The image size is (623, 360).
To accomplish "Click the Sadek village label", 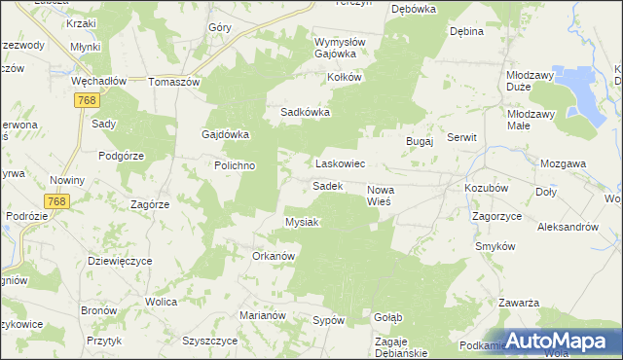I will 327,185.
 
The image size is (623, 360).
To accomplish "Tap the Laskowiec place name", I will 339,164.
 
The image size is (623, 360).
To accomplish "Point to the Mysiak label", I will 302,222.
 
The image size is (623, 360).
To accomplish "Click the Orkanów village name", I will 274,256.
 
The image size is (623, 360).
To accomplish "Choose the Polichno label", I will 235,165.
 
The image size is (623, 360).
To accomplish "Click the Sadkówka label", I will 306,112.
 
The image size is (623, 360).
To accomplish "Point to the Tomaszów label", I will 173,82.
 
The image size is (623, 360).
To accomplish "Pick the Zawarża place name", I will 519,303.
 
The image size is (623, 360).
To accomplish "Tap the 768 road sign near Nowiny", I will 56,200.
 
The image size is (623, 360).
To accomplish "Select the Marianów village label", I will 262,315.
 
